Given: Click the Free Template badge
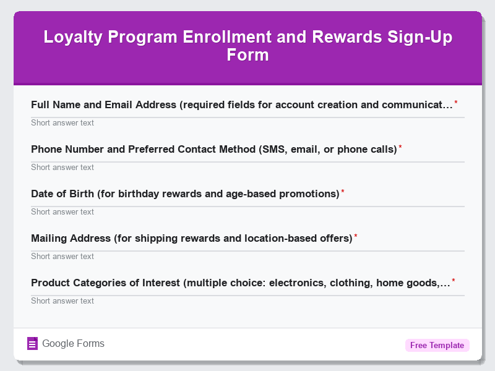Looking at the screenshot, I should pos(437,345).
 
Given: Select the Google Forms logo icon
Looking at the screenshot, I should pos(33,344).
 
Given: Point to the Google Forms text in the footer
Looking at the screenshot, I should pos(73,344).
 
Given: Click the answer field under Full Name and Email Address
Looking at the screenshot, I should pos(247,122).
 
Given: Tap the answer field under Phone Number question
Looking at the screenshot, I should pos(247,167).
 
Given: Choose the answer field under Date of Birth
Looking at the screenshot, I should pos(247,211).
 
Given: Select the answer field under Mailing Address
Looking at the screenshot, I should pos(247,256).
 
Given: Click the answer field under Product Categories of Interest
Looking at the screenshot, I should pos(247,301).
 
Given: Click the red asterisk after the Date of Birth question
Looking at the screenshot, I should pos(343,192).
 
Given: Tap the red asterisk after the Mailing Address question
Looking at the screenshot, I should pos(356,237).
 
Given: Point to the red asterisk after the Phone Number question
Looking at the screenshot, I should pos(400,148).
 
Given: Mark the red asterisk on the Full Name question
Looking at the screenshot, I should pos(456,103).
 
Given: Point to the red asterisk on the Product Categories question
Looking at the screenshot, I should pos(454,281).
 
